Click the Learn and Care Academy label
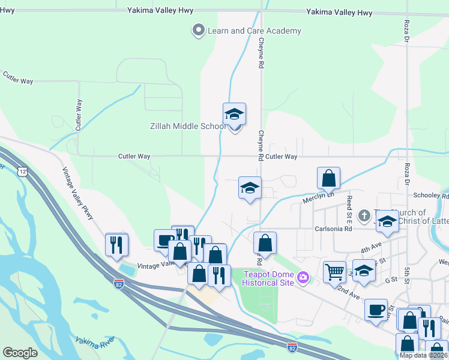coord(254,31)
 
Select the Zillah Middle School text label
coord(179,126)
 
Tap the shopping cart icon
coord(334,271)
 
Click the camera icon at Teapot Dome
coord(303,277)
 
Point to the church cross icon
coord(364,215)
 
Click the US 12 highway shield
coord(22,172)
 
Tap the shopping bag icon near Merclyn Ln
coord(328,178)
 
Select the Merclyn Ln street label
coord(317,199)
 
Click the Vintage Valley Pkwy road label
coord(79,192)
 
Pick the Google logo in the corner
coord(20,352)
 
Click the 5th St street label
coord(406,267)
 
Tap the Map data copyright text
coord(424,355)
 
